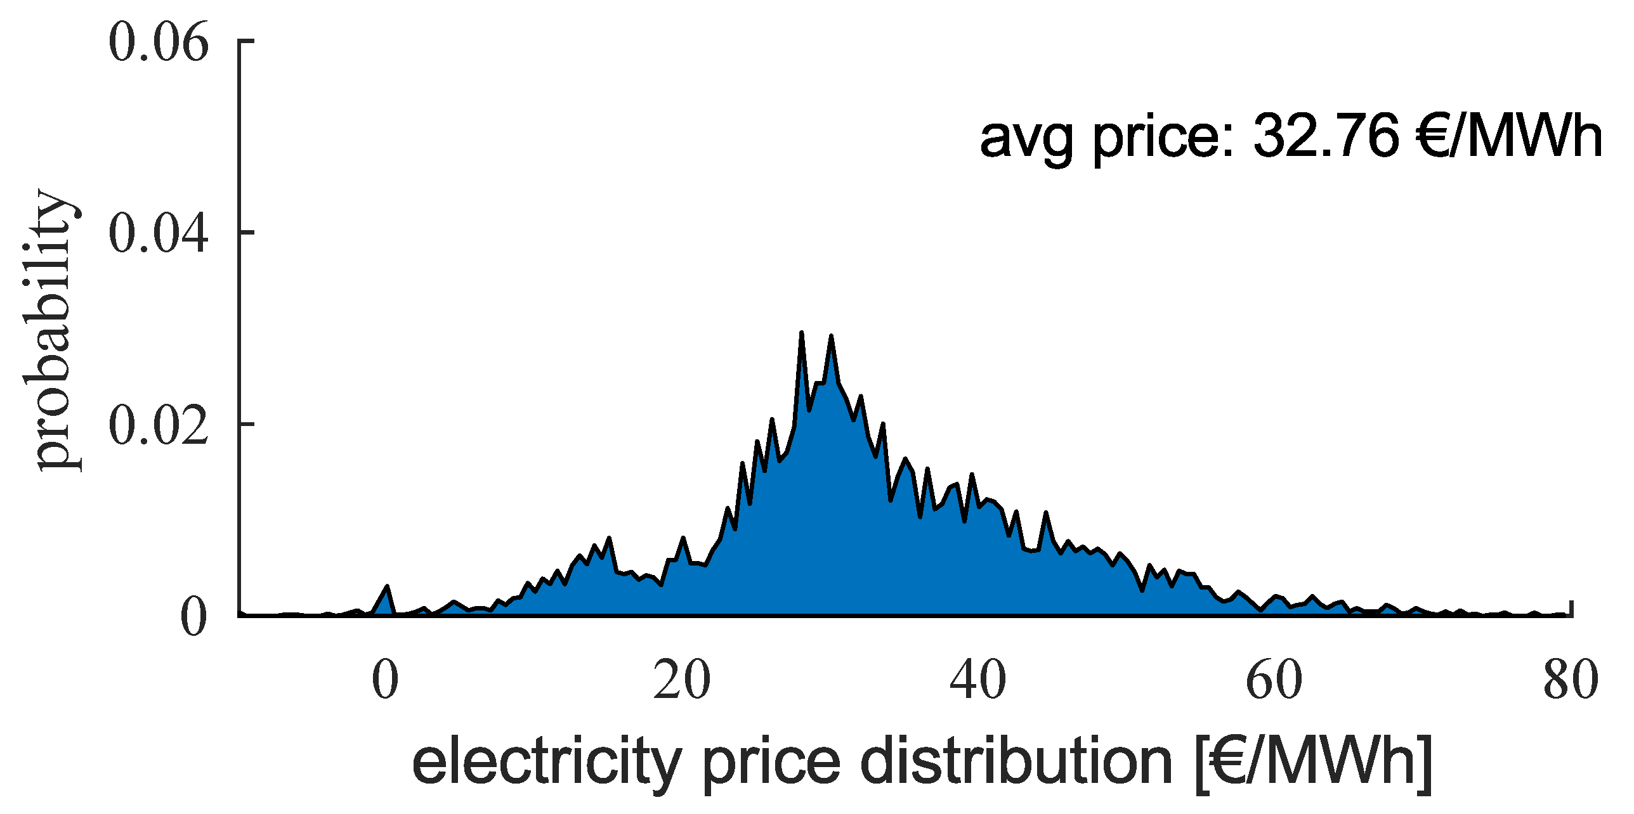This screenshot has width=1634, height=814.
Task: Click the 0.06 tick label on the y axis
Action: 159,43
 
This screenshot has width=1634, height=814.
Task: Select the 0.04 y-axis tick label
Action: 159,234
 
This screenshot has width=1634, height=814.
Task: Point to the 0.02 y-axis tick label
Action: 159,425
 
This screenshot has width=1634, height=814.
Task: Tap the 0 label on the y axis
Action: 193,616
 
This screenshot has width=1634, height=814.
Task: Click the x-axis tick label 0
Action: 386,681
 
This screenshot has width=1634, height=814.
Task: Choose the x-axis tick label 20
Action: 682,681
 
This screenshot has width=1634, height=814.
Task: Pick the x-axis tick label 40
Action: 978,681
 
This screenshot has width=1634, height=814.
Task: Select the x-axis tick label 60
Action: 1274,681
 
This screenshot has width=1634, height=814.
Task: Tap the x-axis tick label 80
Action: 1571,681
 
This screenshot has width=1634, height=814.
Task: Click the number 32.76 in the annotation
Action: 1326,137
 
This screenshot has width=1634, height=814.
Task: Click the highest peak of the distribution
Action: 802,333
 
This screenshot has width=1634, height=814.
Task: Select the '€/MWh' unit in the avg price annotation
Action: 1510,137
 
